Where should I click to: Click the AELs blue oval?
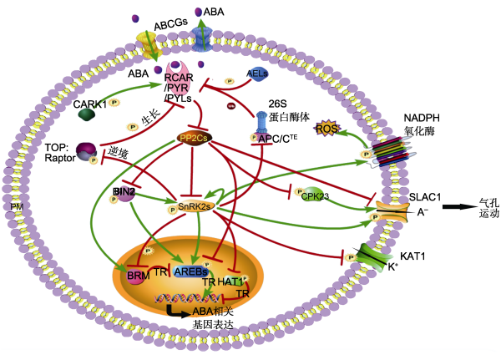[257, 74]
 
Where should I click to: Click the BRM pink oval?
[136, 274]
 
